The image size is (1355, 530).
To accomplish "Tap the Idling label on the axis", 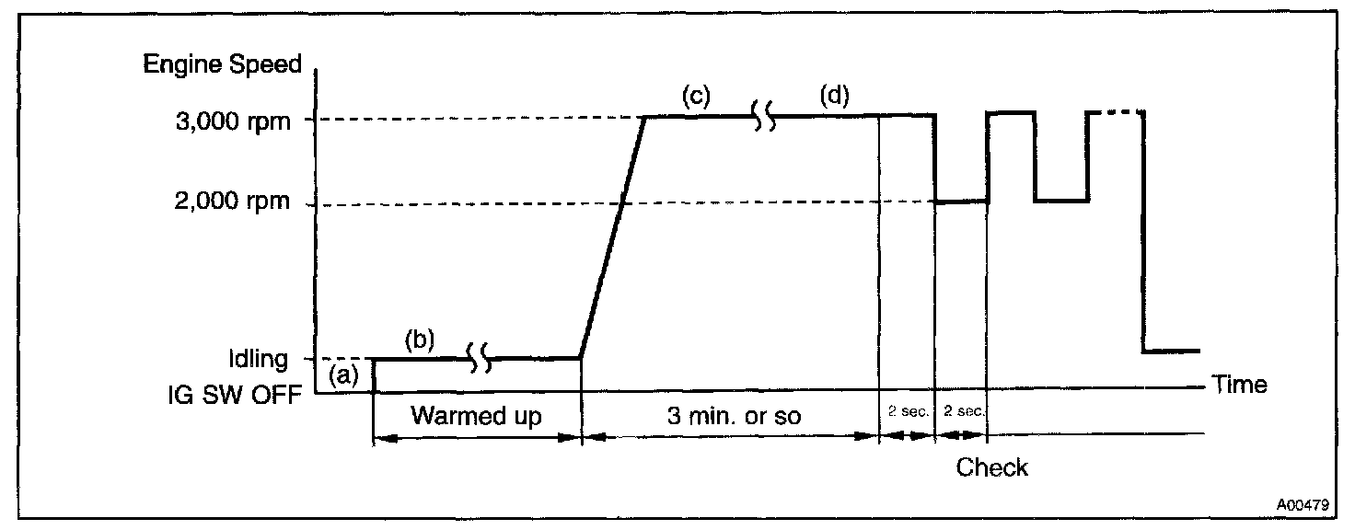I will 258,359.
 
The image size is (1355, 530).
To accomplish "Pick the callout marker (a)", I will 343,374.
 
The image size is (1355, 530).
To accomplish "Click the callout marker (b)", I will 420,339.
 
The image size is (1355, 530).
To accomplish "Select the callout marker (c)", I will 696,96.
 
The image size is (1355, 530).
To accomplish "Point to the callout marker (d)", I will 835,95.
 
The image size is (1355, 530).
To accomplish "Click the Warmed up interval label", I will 476,416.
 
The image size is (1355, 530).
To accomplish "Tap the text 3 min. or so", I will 733,416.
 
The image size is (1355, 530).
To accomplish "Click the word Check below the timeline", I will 991,467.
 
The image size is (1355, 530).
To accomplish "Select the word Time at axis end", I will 1239,385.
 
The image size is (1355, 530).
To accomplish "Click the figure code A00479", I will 1302,505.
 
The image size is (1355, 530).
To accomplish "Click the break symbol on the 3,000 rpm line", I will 764,117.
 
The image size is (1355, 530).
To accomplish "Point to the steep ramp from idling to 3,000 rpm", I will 613,236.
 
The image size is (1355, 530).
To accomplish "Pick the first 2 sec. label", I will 907,412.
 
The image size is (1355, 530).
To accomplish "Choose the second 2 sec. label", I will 962,412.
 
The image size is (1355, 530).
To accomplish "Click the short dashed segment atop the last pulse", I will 1116,112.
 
